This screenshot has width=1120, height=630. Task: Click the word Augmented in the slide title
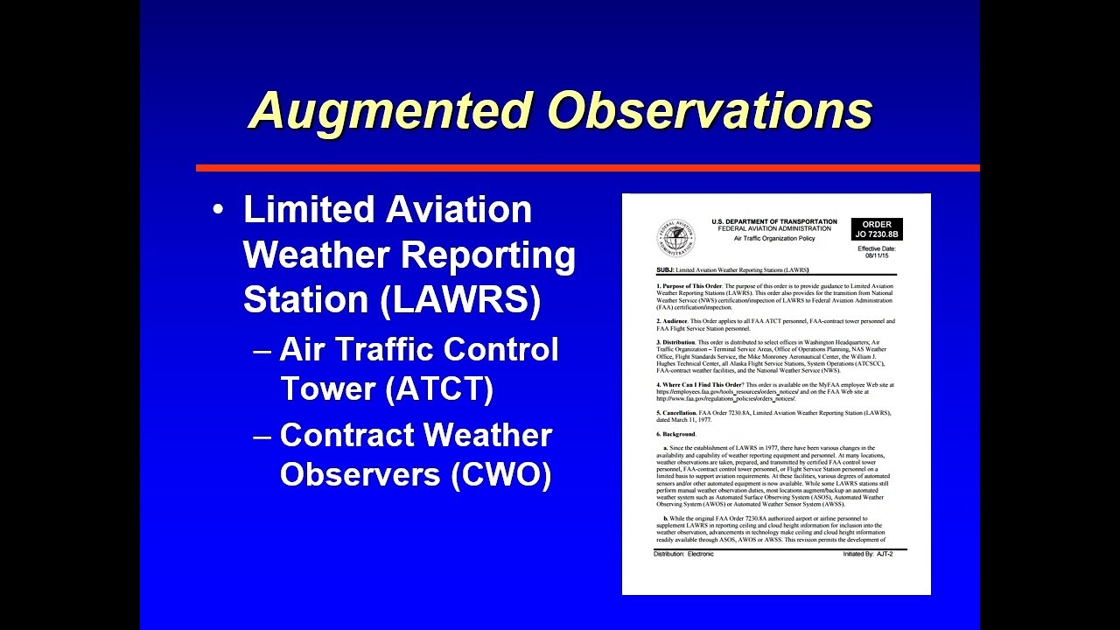pyautogui.click(x=390, y=111)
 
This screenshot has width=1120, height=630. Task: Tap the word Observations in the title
pyautogui.click(x=710, y=111)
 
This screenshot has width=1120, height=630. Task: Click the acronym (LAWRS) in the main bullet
pyautogui.click(x=461, y=299)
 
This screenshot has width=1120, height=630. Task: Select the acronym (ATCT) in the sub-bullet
pyautogui.click(x=439, y=388)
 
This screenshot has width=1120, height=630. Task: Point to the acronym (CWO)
pyautogui.click(x=501, y=473)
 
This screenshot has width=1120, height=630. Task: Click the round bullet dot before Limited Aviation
pyautogui.click(x=219, y=211)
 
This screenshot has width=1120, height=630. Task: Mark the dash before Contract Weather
pyautogui.click(x=262, y=436)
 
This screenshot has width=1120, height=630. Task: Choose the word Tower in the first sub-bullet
pyautogui.click(x=327, y=388)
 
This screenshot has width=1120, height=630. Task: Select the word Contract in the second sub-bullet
pyautogui.click(x=346, y=436)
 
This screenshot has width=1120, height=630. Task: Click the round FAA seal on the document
pyautogui.click(x=675, y=237)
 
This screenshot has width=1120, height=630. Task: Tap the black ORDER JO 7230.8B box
pyautogui.click(x=876, y=229)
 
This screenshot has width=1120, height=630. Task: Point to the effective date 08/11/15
pyautogui.click(x=876, y=255)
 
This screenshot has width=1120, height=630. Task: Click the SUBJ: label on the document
pyautogui.click(x=665, y=270)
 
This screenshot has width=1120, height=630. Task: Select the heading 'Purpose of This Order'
pyautogui.click(x=692, y=286)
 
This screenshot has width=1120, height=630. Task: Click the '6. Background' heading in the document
pyautogui.click(x=676, y=434)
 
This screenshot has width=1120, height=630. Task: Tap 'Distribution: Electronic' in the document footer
pyautogui.click(x=683, y=554)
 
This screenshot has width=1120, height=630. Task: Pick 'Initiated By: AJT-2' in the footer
pyautogui.click(x=867, y=554)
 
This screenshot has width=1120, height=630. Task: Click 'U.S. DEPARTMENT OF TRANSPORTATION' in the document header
pyautogui.click(x=773, y=221)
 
